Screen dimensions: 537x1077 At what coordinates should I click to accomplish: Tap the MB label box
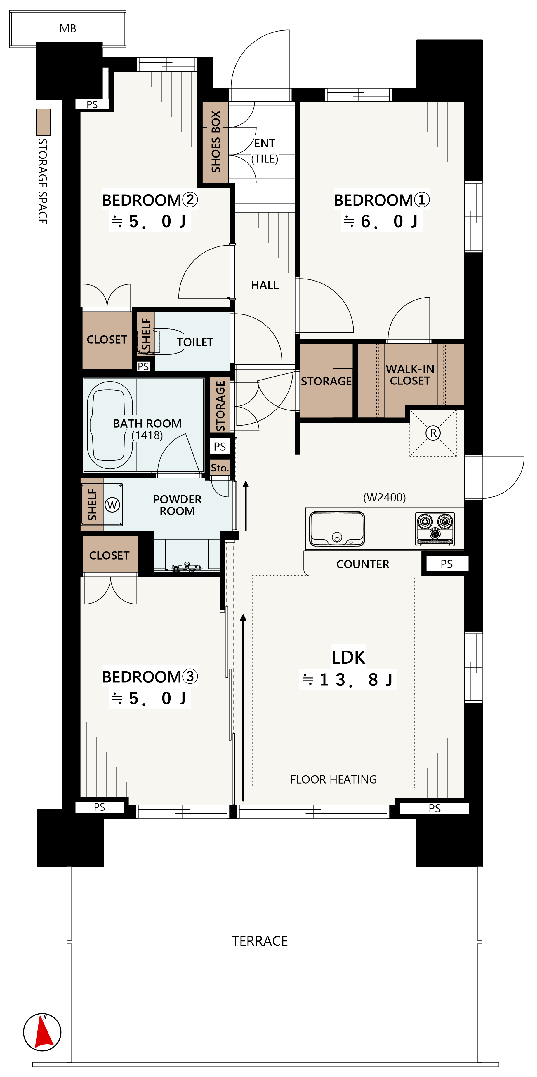pyautogui.click(x=68, y=28)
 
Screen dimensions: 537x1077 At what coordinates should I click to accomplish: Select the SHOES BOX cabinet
pyautogui.click(x=216, y=142)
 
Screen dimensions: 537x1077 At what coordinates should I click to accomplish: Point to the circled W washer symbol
pyautogui.click(x=112, y=505)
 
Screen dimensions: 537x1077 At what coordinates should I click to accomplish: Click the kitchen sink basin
pyautogui.click(x=337, y=529)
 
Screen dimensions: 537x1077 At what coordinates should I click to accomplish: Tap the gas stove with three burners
pyautogui.click(x=435, y=529)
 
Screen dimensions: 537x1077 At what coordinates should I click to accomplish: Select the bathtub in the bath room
pyautogui.click(x=110, y=424)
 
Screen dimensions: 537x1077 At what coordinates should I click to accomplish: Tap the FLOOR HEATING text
pyautogui.click(x=333, y=779)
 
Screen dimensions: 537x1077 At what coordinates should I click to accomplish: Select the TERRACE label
pyautogui.click(x=260, y=941)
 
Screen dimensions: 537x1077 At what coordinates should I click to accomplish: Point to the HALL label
pyautogui.click(x=265, y=285)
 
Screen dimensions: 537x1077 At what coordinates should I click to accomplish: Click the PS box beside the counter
pyautogui.click(x=446, y=564)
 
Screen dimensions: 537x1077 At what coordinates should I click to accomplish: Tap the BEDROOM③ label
pyautogui.click(x=150, y=676)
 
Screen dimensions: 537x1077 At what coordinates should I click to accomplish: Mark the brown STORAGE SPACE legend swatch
pyautogui.click(x=43, y=122)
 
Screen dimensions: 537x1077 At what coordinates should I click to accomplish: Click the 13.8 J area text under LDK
pyautogui.click(x=348, y=680)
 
